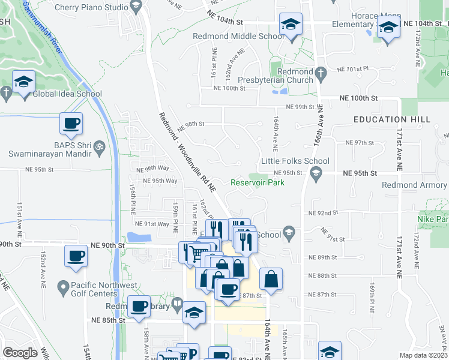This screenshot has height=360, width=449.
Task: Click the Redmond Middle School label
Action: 238,36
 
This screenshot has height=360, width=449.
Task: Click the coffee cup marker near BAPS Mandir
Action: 71,124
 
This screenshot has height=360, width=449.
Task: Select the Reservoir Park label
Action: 258,182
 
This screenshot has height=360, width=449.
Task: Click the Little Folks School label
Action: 295,161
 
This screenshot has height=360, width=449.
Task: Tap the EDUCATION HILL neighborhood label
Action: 391,119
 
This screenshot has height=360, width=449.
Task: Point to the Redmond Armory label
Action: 423,185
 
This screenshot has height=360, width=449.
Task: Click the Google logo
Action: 20,353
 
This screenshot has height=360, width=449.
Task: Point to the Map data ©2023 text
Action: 423,355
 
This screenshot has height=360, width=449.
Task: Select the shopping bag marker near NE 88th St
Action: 271,279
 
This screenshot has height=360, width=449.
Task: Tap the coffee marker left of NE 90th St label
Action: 77,256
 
